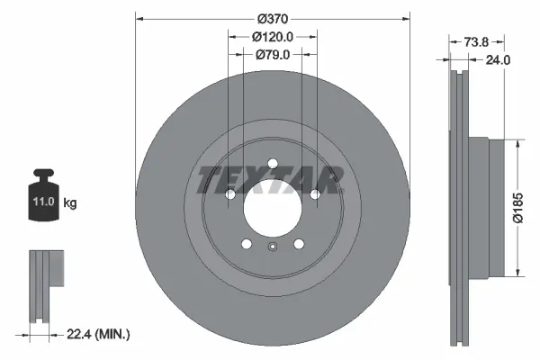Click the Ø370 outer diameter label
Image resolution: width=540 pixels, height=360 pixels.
[272, 19]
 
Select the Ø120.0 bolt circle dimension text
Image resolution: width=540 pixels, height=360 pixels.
[272, 37]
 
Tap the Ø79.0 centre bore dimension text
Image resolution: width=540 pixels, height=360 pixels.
[272, 55]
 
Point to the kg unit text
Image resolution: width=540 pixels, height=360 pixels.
[70, 203]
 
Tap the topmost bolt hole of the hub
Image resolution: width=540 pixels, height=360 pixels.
[272, 163]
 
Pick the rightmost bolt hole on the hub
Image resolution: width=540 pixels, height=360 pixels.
[315, 194]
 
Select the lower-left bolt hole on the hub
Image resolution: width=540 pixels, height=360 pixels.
[245, 244]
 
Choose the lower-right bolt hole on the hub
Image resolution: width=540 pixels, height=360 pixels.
[299, 244]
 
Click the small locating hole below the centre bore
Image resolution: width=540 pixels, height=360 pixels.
[272, 248]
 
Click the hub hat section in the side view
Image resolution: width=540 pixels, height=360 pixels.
[477, 207]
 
